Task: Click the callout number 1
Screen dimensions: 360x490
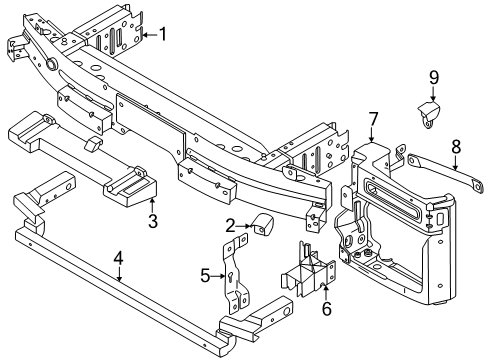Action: (164, 35)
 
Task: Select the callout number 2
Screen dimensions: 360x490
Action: (230, 226)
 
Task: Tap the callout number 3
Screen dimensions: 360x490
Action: (153, 220)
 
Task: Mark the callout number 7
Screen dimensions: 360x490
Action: (372, 121)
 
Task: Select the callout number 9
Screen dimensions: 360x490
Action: (434, 76)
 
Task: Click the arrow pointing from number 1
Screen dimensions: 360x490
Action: (147, 35)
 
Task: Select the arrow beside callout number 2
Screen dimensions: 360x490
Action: (246, 226)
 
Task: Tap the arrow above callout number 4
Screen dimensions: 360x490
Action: (118, 274)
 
